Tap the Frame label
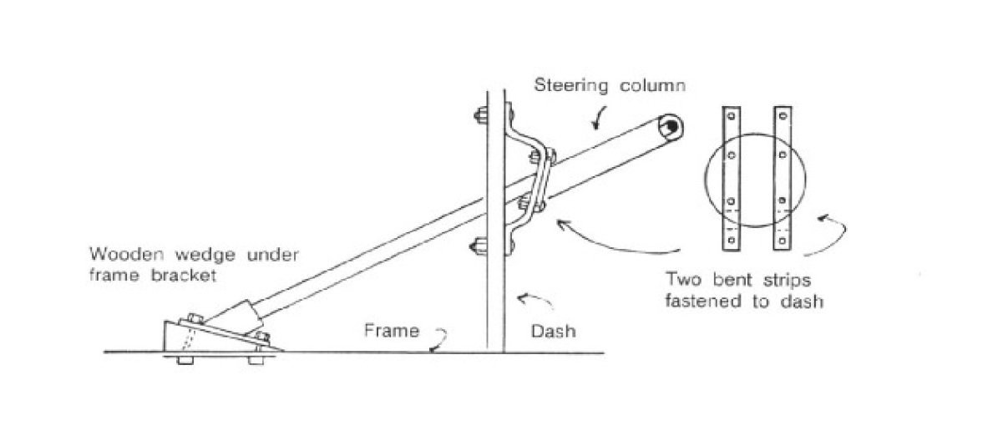point(391,331)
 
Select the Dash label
point(554,331)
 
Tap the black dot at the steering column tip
point(671,125)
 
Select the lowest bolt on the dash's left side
point(479,246)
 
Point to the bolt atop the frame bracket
point(194,317)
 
